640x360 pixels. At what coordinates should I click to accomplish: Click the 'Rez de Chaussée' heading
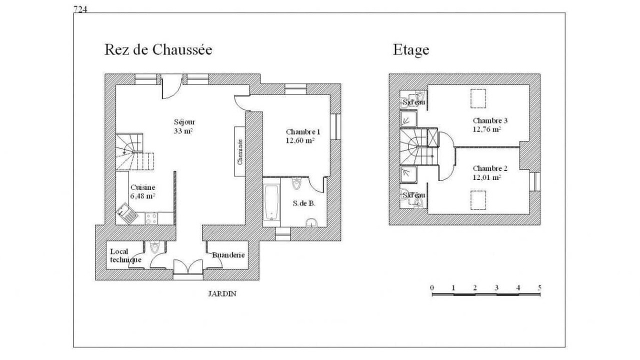(158, 49)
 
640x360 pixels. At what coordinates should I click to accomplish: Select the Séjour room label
(184, 122)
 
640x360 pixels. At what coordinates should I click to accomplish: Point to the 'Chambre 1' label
(303, 131)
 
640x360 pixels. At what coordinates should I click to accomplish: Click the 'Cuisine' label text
(143, 187)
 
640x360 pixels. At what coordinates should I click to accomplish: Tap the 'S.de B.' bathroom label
(304, 203)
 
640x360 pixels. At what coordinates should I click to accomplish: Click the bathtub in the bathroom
(271, 202)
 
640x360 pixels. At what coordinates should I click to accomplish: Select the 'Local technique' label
(125, 255)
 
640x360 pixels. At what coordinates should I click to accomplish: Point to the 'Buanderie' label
(228, 255)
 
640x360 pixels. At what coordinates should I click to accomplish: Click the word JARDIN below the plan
(222, 293)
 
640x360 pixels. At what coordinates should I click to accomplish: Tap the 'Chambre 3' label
(490, 120)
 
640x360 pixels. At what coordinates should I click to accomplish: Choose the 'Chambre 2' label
(490, 168)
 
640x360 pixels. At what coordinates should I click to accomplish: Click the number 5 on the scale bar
(539, 287)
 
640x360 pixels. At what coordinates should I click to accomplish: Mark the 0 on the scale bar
(432, 287)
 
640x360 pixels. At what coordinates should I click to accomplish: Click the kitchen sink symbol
(127, 213)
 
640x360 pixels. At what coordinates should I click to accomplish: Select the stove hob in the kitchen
(151, 218)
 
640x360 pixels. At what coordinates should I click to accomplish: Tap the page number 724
(80, 9)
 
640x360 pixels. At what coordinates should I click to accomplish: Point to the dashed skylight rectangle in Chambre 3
(478, 98)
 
